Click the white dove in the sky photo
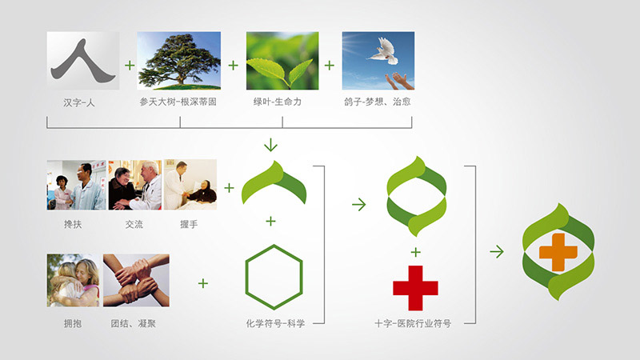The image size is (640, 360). point(384,50)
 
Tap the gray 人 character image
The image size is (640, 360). point(83,61)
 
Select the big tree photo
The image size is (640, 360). point(178,61)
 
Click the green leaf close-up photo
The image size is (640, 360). point(282,61)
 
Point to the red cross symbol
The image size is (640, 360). point(415,288)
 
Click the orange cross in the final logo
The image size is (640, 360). point(558,252)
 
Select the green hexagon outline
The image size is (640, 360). point(274,277)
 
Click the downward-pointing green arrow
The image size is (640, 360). point(270,145)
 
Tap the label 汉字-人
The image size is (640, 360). point(79,102)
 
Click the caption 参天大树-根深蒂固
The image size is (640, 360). point(178,102)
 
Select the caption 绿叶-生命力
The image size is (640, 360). point(277,102)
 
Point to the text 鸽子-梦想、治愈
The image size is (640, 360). point(378,102)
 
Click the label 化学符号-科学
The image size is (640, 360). point(275,324)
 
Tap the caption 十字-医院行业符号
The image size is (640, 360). point(413,324)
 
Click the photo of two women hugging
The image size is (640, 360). point(73,281)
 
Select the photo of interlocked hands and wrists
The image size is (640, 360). point(136,281)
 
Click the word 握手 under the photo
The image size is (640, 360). point(189,224)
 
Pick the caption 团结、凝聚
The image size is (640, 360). point(134,324)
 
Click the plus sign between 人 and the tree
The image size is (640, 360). point(130,66)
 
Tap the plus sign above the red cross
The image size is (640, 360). point(415,252)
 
